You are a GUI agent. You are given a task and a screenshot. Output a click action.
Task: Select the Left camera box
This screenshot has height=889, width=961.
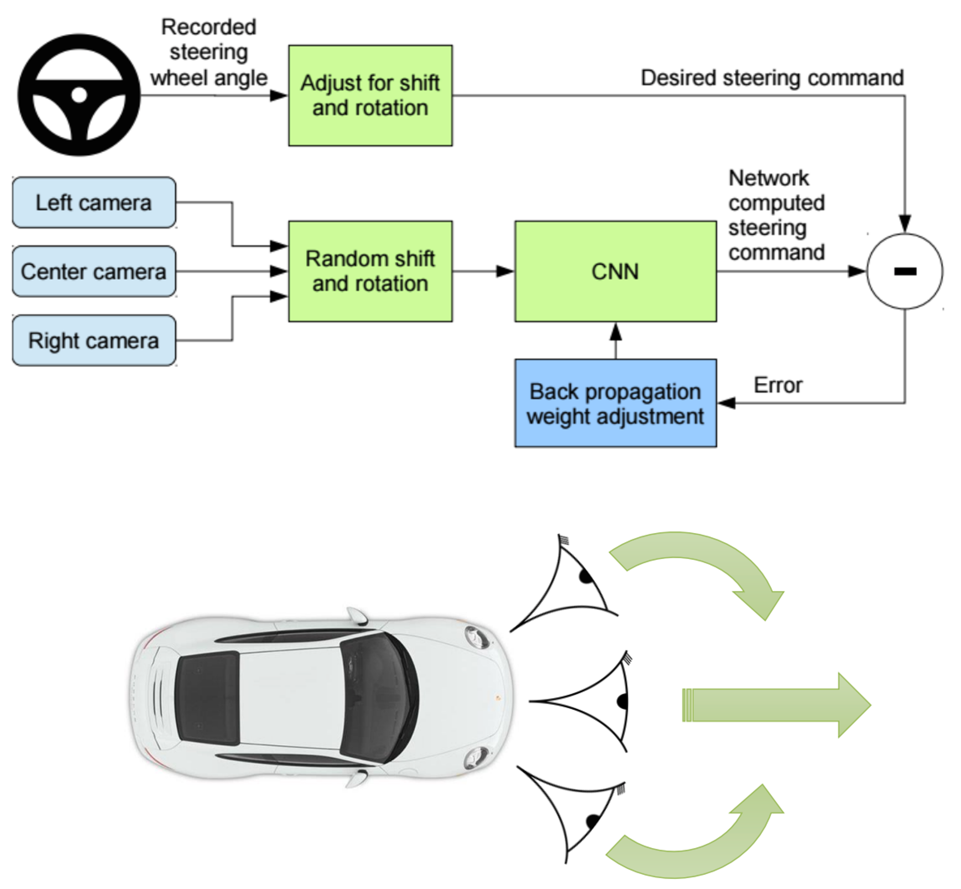94,203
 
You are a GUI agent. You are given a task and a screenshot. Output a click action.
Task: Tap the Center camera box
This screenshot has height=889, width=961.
94,271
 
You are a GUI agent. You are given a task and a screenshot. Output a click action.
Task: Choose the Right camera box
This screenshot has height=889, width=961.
94,341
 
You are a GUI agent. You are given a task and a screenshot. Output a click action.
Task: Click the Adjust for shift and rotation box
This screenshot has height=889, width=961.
370,95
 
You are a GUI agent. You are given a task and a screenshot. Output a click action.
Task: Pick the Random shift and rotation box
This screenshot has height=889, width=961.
370,271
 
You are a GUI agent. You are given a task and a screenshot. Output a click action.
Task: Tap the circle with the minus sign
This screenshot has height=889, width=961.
905,271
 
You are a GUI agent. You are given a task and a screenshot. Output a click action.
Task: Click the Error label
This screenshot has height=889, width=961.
778,385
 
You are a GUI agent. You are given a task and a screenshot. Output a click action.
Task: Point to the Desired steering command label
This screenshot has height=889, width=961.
772,78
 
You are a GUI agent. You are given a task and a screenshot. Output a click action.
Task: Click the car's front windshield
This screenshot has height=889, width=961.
378,698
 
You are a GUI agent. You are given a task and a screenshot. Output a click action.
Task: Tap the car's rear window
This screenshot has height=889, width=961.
207,698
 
